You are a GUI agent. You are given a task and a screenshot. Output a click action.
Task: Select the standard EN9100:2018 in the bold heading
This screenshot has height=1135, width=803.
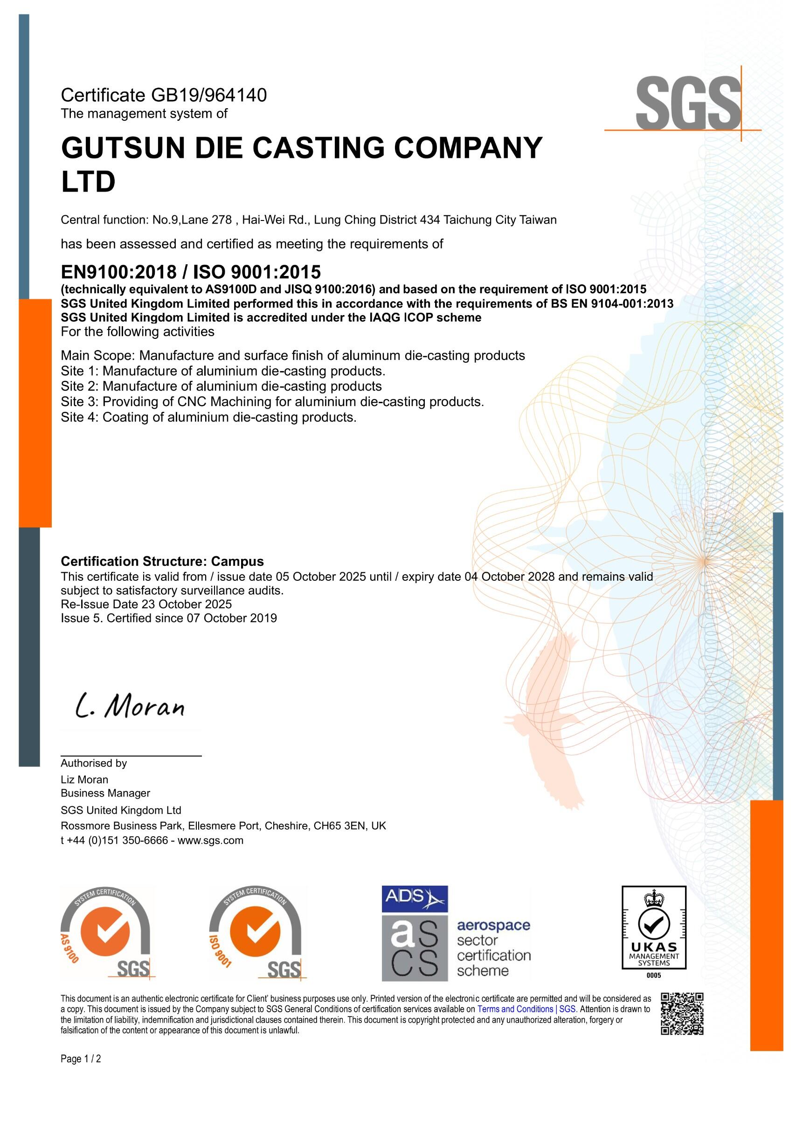pyautogui.click(x=118, y=272)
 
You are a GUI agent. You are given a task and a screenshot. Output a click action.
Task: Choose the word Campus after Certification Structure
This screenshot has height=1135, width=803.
pyautogui.click(x=237, y=561)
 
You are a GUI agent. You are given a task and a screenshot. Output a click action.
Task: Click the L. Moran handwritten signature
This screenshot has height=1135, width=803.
pyautogui.click(x=130, y=708)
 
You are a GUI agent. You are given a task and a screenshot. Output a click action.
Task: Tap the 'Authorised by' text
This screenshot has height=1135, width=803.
pyautogui.click(x=94, y=763)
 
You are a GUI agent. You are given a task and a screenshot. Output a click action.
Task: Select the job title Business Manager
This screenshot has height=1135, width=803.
pyautogui.click(x=105, y=793)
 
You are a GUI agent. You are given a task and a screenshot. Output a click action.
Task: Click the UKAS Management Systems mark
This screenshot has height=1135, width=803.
pyautogui.click(x=654, y=930)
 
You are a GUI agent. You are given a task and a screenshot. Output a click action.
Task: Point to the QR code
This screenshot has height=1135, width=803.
pyautogui.click(x=682, y=1014)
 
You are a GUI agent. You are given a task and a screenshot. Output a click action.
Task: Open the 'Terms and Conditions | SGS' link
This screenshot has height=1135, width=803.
pyautogui.click(x=526, y=1010)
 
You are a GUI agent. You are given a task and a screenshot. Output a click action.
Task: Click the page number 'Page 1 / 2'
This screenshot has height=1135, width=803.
pyautogui.click(x=81, y=1059)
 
